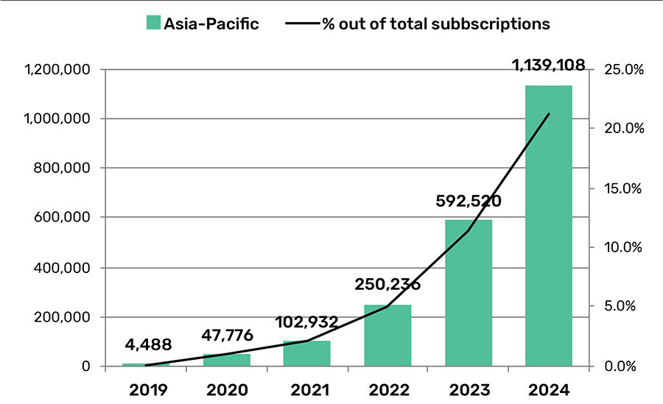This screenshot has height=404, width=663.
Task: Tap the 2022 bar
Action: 387,335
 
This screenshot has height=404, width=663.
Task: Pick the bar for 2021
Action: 306,353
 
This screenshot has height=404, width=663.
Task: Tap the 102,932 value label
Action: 306,322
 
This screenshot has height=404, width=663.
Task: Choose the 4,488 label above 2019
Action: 147,344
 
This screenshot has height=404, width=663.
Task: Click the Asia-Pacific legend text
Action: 211,24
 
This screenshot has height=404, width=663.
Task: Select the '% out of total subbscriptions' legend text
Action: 435,24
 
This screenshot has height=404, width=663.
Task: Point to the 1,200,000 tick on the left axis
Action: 57,70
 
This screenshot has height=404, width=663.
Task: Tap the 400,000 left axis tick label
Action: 62,268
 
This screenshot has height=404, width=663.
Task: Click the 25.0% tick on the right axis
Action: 624,70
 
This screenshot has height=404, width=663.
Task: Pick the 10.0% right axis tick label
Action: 624,247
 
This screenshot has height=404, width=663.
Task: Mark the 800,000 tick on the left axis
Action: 62,169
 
